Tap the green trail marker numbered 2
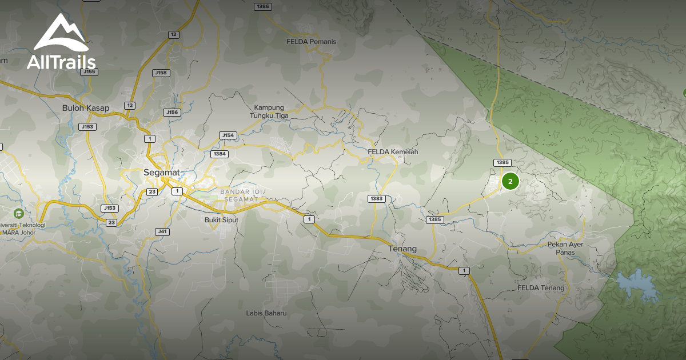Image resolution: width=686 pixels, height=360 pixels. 510,182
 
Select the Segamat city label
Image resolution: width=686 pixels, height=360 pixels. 161,172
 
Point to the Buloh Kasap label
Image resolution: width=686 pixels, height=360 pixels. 86,108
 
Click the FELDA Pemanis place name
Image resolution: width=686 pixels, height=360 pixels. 312,42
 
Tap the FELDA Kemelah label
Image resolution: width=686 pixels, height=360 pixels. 393,152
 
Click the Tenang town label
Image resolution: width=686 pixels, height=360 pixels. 402,249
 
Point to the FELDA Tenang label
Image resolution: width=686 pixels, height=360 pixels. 541,288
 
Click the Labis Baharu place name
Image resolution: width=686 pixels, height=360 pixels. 266,313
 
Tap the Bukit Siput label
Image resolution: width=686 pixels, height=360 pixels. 221,219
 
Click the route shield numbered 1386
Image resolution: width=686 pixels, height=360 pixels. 263,6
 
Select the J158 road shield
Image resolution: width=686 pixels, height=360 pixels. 161,73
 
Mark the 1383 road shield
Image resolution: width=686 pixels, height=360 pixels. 377,198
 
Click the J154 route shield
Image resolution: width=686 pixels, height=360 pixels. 228,135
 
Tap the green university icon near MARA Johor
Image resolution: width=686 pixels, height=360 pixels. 18,213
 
